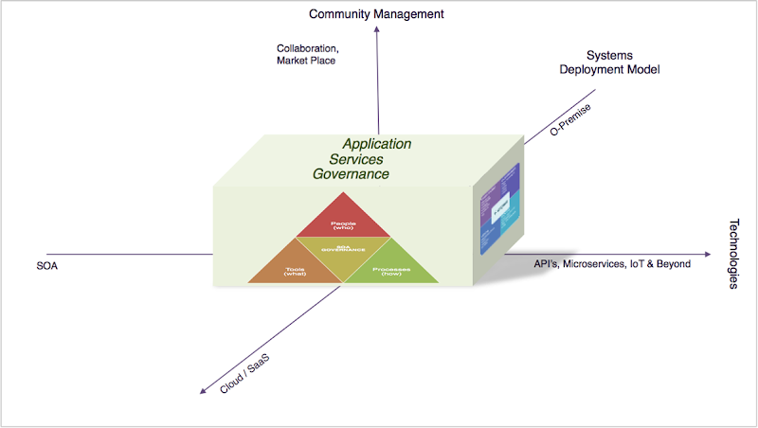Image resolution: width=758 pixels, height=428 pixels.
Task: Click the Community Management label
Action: point(376,14)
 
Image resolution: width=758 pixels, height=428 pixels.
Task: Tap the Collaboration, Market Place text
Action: point(307,54)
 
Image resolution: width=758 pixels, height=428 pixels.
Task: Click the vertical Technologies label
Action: point(735,255)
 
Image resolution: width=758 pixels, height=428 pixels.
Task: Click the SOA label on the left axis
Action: point(47,266)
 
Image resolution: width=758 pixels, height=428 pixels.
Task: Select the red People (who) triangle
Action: point(343,223)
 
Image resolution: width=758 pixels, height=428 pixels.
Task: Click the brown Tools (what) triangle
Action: point(295,270)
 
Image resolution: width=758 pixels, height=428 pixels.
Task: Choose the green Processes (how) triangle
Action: point(390,270)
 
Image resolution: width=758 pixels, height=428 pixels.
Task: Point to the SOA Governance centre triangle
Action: point(343,250)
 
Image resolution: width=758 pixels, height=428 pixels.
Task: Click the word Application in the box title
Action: point(377,144)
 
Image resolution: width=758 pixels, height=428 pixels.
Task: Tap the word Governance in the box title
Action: point(352,174)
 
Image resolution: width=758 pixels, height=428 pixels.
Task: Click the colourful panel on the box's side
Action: point(500,207)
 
